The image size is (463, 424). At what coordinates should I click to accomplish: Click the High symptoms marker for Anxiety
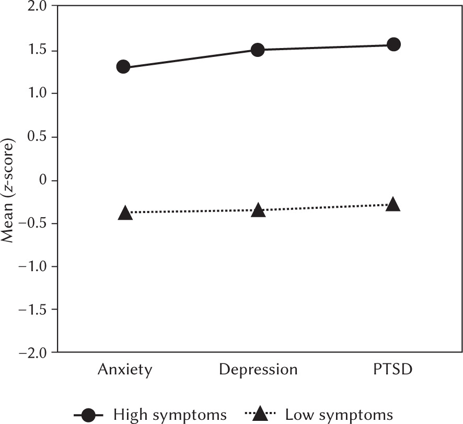[x=123, y=67]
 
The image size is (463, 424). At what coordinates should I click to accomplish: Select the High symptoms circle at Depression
[x=258, y=50]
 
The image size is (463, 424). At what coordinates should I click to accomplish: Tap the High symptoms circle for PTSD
[x=393, y=44]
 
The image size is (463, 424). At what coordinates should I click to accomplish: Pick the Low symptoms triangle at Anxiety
[x=125, y=213]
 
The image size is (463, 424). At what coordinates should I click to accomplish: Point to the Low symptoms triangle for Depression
[x=258, y=210]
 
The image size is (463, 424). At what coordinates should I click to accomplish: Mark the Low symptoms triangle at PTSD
[x=393, y=204]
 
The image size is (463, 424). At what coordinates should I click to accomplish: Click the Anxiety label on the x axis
[x=125, y=370]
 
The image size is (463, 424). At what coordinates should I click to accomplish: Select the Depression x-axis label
[x=258, y=370]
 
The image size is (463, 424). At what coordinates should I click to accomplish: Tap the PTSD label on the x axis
[x=393, y=370]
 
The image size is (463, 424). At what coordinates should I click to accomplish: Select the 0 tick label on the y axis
[x=41, y=180]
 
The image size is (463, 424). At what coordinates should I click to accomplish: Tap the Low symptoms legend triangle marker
[x=261, y=415]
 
